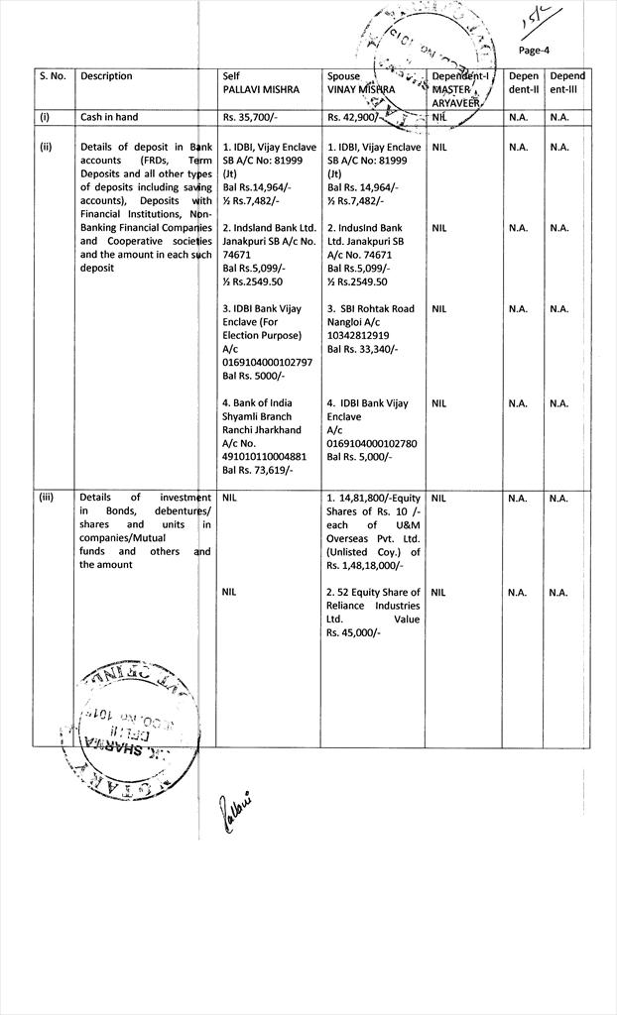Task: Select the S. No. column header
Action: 52,76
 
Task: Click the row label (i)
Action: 45,117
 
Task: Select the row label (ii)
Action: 46,147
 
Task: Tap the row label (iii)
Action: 46,498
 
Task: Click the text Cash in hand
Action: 109,117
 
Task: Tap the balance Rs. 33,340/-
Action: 362,349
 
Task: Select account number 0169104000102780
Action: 371,444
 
